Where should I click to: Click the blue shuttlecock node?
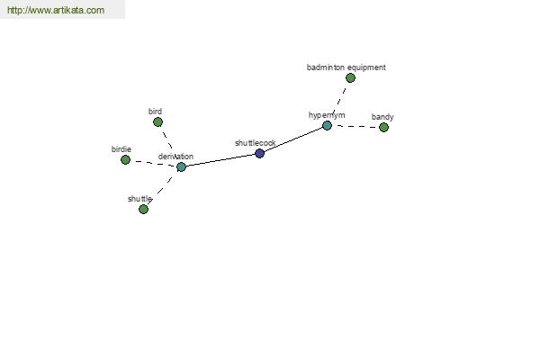[x=260, y=153]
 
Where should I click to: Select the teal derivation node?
[x=181, y=167]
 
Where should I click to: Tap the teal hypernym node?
[x=327, y=125]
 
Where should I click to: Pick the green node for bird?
[x=157, y=122]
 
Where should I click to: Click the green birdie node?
[x=125, y=160]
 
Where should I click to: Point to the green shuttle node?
[x=143, y=209]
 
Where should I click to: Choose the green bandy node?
[x=383, y=128]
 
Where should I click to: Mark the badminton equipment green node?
[x=350, y=78]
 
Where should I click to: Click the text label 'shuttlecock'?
[x=256, y=143]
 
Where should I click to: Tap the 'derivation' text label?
[x=175, y=157]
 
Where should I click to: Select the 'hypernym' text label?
[x=327, y=115]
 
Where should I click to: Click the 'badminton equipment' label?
[x=346, y=67]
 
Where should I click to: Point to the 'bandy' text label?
[x=382, y=117]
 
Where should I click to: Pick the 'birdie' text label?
[x=121, y=149]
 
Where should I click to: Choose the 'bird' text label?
[x=155, y=112]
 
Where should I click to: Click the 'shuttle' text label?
[x=139, y=199]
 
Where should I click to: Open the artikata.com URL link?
[x=56, y=10]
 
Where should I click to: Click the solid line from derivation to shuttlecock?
[x=220, y=160]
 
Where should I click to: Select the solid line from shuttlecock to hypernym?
[x=293, y=139]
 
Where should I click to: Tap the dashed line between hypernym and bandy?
[x=356, y=126]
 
